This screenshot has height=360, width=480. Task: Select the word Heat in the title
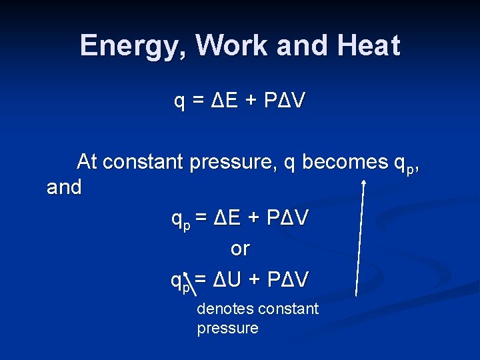click(x=368, y=45)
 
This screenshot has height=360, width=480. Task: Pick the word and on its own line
click(x=64, y=188)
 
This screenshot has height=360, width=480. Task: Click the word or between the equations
click(x=240, y=249)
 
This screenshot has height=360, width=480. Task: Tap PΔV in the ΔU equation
click(x=287, y=281)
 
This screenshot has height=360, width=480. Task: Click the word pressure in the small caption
click(x=227, y=328)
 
